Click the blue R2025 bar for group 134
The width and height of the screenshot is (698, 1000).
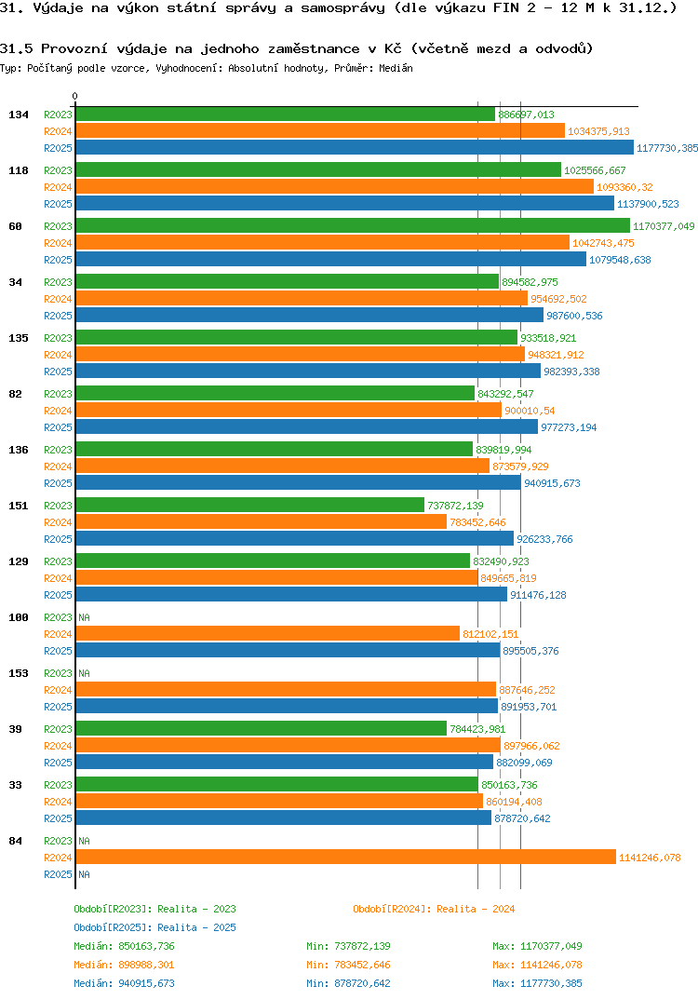(354, 148)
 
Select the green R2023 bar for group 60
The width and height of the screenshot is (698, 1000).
(352, 226)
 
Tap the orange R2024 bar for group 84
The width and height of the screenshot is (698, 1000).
(345, 858)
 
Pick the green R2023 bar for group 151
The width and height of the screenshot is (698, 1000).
(249, 506)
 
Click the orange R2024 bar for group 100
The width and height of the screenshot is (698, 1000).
(267, 634)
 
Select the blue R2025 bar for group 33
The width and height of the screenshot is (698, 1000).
(283, 818)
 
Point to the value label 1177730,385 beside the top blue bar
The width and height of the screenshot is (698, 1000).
(666, 148)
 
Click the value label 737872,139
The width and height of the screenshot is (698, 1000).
(455, 506)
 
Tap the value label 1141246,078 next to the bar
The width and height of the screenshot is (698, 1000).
(650, 858)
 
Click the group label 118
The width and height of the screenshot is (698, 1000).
(18, 170)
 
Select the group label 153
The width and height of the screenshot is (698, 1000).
(18, 673)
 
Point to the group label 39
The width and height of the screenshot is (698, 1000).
(15, 729)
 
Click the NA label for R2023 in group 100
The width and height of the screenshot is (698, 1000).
(84, 617)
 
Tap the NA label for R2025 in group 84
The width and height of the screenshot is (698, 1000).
(84, 874)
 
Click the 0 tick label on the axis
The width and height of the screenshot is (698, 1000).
(75, 96)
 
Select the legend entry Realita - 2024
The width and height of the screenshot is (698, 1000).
(434, 909)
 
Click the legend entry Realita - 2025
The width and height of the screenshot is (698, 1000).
(154, 927)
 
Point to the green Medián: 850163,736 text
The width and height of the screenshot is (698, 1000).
(124, 946)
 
